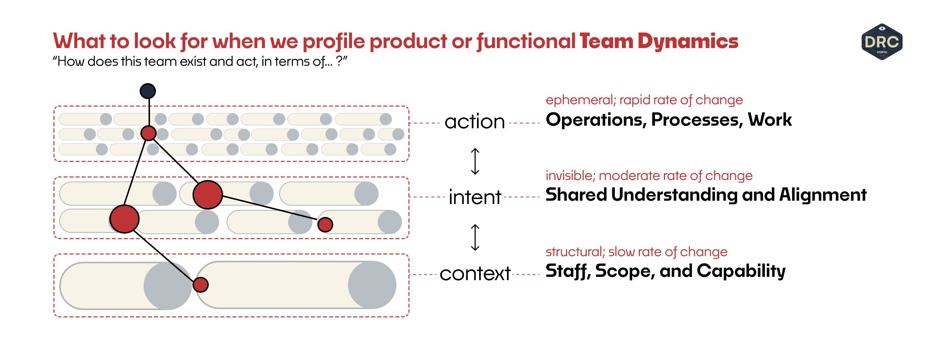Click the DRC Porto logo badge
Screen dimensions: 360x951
[x=882, y=42]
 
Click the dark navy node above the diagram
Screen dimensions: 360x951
[x=148, y=91]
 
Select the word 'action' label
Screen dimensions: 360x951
[x=474, y=122]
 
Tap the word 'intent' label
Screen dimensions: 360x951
[x=475, y=197]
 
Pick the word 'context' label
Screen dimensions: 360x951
[x=475, y=274]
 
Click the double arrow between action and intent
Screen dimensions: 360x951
[x=475, y=161]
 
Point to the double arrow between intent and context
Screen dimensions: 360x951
[x=475, y=237]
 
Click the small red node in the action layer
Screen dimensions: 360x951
[x=149, y=133]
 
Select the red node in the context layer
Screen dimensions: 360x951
[x=201, y=285]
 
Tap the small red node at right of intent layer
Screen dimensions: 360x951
[x=325, y=224]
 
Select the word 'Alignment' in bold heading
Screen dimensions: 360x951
[x=823, y=195]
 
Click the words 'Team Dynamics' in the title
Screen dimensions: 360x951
[x=658, y=41]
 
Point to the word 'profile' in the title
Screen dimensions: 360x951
[x=334, y=41]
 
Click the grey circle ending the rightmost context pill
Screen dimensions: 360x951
[x=372, y=285]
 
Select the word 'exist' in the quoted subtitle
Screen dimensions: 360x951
[x=193, y=61]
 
